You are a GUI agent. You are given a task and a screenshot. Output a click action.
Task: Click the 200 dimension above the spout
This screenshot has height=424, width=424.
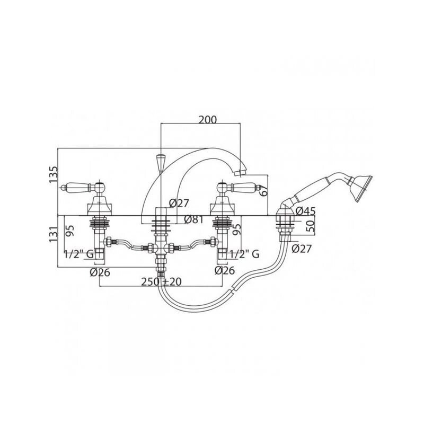coord(208,120)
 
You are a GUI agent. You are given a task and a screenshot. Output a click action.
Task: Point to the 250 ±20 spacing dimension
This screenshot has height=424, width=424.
coord(162,282)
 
